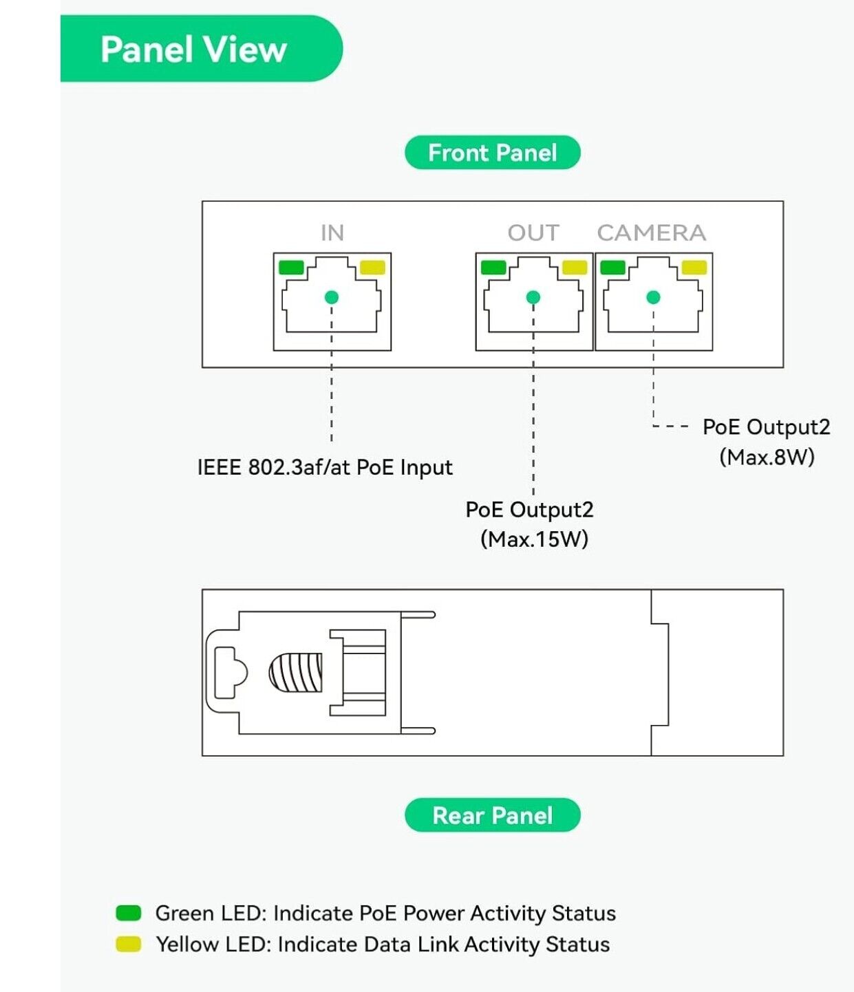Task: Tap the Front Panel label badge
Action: point(492,153)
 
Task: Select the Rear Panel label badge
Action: point(492,815)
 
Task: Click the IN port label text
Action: point(332,233)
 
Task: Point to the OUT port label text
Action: point(533,233)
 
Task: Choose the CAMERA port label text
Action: point(651,233)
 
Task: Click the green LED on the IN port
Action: point(291,267)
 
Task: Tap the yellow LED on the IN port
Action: point(373,267)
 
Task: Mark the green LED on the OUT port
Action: point(493,267)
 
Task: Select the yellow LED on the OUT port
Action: point(575,267)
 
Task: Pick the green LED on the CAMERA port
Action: point(612,267)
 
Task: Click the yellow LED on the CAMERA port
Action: point(694,267)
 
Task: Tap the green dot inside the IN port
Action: point(332,297)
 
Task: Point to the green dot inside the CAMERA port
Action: point(653,297)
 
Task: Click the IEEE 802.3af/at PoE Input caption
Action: point(325,468)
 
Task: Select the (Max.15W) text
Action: point(534,539)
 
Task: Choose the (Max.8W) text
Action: point(767,457)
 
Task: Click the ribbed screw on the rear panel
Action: point(296,672)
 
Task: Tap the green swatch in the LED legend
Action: point(129,913)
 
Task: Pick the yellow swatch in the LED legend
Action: point(129,944)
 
